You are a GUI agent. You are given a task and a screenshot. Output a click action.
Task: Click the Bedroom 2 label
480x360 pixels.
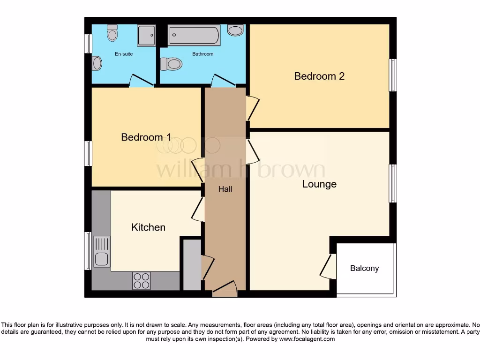pos(319,76)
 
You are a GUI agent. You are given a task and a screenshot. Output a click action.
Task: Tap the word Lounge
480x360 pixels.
pos(319,184)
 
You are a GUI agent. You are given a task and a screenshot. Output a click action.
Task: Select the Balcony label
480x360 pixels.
pos(364,269)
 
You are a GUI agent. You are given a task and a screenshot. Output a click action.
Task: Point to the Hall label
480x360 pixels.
pos(225,189)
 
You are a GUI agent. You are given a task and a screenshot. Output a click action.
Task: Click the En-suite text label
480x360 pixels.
pos(124,54)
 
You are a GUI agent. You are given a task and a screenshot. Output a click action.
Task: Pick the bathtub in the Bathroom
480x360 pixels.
pos(194,35)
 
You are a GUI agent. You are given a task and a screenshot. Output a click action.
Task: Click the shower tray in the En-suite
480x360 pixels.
pos(146,36)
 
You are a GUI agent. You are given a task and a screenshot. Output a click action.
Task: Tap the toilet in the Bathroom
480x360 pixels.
pos(171,64)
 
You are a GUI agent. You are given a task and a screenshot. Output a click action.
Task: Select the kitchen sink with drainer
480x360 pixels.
pos(102,251)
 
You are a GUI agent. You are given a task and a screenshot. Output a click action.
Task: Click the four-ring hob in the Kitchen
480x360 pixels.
pos(142,281)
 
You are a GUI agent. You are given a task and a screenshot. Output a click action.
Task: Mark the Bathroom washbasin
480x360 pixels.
pos(235,30)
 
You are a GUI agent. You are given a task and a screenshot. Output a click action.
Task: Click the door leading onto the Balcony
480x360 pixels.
pos(329,266)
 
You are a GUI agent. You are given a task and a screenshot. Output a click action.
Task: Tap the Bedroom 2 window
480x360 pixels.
pos(393,75)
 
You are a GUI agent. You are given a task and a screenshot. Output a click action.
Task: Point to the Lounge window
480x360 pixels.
pos(393,183)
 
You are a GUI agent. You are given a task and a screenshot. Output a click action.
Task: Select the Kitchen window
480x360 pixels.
pos(88,251)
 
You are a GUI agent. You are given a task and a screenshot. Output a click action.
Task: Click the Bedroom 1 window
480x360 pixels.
pos(88,153)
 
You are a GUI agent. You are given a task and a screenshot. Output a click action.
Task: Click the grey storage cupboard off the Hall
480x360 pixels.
pos(192,265)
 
